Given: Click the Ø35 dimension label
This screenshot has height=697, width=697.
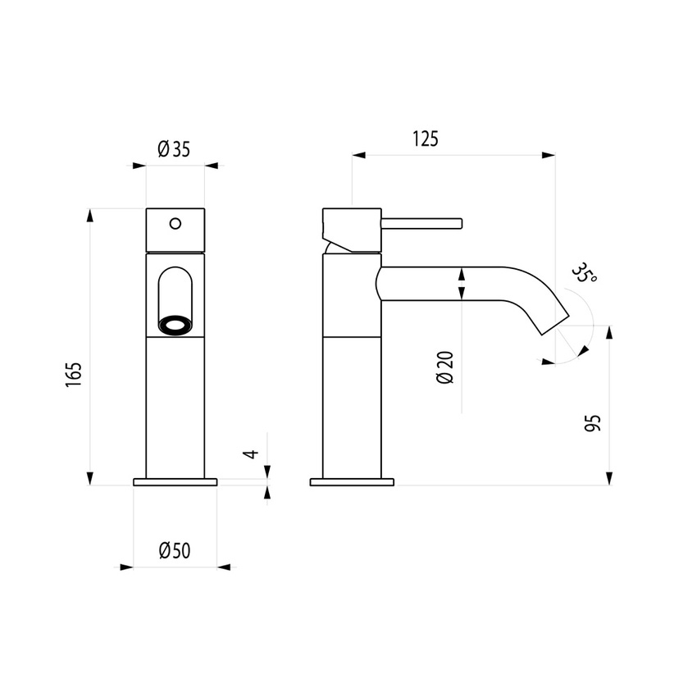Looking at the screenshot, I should point(174,148).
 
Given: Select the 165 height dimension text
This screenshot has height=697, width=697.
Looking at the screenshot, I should point(75,374).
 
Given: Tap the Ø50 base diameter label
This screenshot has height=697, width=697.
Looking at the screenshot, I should point(175,550).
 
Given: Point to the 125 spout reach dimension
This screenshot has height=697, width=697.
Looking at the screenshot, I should point(425,139).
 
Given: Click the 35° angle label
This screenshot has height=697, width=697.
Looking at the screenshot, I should point(585,273).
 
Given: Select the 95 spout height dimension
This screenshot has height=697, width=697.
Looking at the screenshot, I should point(594,422).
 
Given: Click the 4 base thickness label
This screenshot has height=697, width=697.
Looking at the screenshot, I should point(254,453).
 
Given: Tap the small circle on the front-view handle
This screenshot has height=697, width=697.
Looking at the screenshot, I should point(175,222).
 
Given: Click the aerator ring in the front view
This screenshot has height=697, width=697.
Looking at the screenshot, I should point(175,326).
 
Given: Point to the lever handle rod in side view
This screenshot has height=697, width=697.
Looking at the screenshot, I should point(422,223).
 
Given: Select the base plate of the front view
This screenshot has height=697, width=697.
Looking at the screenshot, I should point(175,482).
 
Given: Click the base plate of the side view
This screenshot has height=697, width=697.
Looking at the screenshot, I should point(352,482).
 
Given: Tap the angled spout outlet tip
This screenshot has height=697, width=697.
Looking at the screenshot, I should point(555,323).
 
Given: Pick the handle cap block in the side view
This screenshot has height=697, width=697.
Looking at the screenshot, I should point(352,229).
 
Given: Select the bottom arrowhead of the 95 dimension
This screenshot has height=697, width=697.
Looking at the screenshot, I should point(609,478).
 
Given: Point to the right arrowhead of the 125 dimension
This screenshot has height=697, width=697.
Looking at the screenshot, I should point(549,154).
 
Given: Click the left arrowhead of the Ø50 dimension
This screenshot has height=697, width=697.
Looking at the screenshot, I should point(126,567).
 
